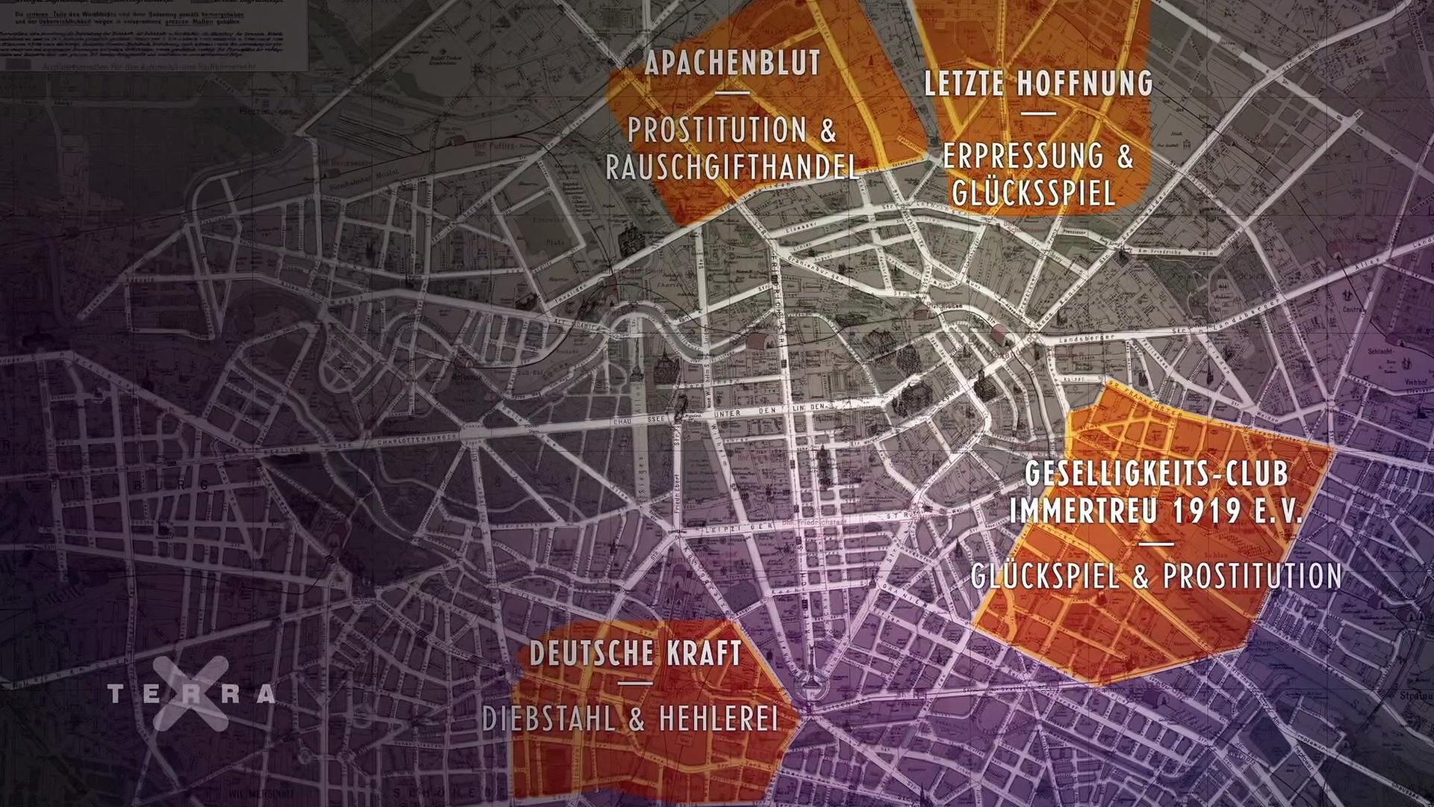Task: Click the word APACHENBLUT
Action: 733,64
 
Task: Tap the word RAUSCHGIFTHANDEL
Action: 732,167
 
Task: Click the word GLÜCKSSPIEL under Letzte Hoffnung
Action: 1034,192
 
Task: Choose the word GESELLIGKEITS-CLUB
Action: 1156,474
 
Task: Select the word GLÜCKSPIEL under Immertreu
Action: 1046,575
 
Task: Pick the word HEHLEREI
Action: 718,719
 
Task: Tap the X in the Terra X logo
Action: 190,694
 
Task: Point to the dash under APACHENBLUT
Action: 732,93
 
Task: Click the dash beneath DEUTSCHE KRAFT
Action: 636,683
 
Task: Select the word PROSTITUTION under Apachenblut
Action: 718,131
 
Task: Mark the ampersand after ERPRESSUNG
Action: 1123,156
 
